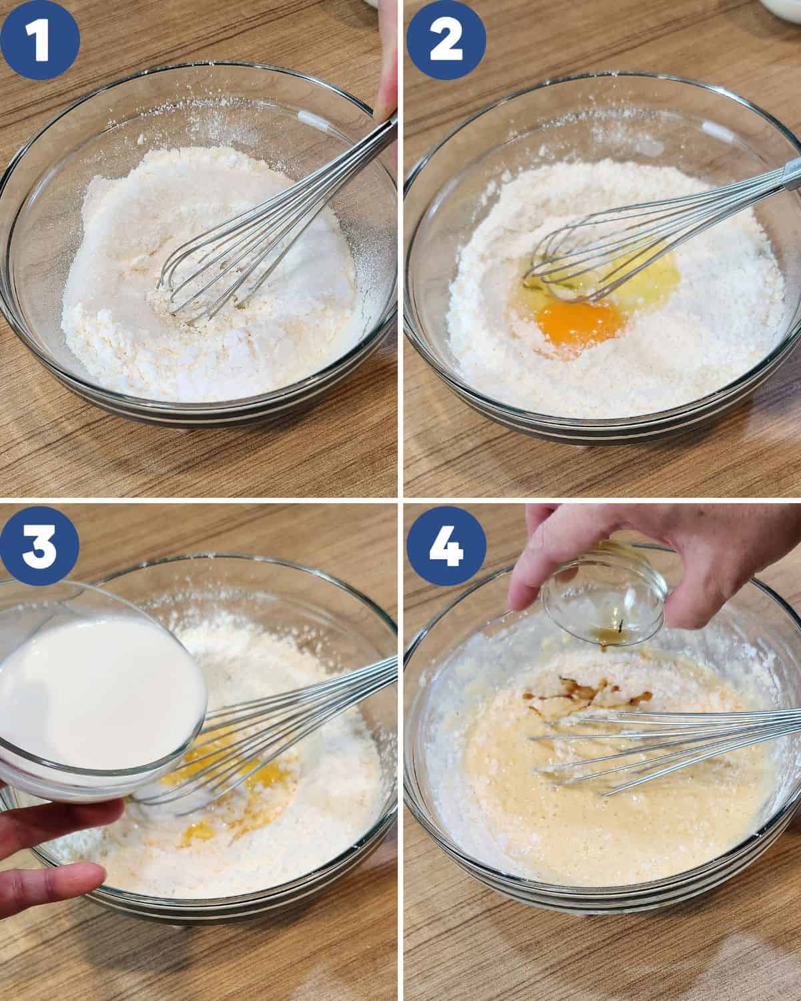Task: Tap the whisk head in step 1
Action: coord(200,274)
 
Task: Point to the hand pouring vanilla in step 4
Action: coord(641,554)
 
